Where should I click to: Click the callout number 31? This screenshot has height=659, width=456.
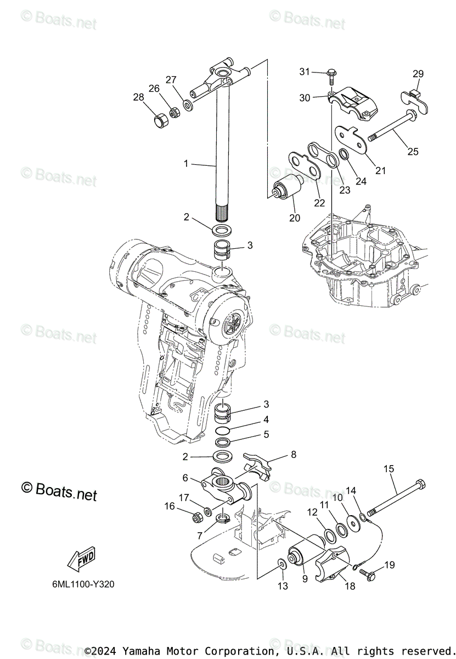[305, 71]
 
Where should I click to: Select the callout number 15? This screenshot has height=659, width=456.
[389, 468]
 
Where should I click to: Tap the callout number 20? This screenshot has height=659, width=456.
[295, 217]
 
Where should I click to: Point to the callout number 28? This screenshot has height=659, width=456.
[138, 97]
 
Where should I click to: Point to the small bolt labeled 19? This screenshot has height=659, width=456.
[369, 574]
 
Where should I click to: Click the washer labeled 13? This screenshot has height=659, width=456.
[282, 564]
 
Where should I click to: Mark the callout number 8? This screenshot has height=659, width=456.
[294, 454]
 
